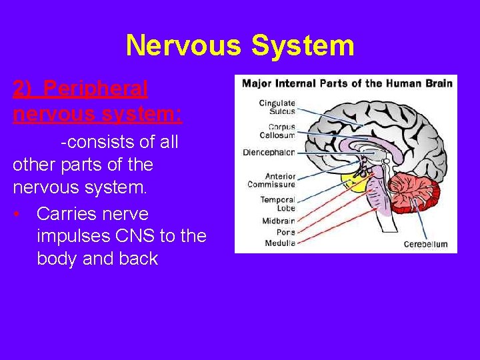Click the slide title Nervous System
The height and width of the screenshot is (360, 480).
[x=239, y=45]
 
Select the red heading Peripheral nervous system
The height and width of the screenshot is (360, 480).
[x=97, y=100]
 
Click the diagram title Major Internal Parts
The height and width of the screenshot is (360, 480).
[x=347, y=83]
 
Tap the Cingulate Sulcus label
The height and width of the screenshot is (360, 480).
[x=277, y=108]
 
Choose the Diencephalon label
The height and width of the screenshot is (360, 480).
[x=269, y=151]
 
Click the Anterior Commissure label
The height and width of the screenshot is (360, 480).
[x=271, y=180]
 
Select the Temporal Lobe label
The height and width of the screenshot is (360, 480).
[x=277, y=203]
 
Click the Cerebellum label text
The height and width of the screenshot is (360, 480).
[x=425, y=245]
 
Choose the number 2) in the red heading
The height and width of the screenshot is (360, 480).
[x=22, y=88]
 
